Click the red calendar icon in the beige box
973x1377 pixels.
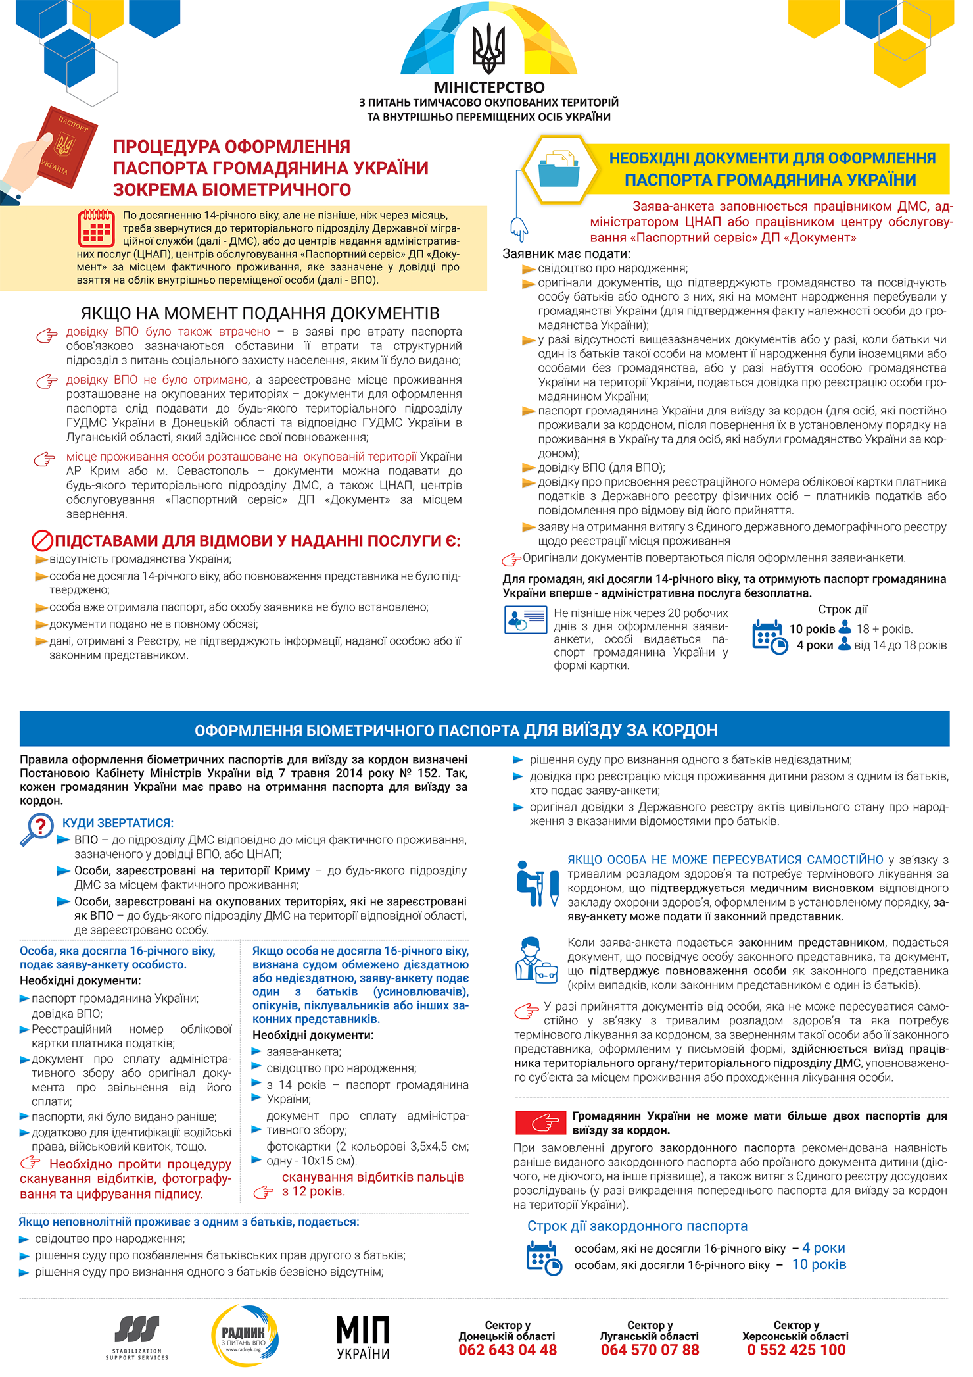[97, 228]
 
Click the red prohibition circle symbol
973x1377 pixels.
[42, 541]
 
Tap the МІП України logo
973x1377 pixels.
[363, 1338]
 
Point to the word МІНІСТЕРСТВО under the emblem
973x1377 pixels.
[488, 88]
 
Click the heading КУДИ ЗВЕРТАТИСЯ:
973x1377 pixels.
[118, 823]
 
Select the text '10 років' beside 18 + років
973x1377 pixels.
[812, 629]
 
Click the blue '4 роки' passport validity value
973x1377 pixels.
[823, 1248]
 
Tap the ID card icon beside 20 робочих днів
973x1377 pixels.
[525, 620]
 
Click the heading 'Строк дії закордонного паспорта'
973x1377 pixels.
[637, 1226]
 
